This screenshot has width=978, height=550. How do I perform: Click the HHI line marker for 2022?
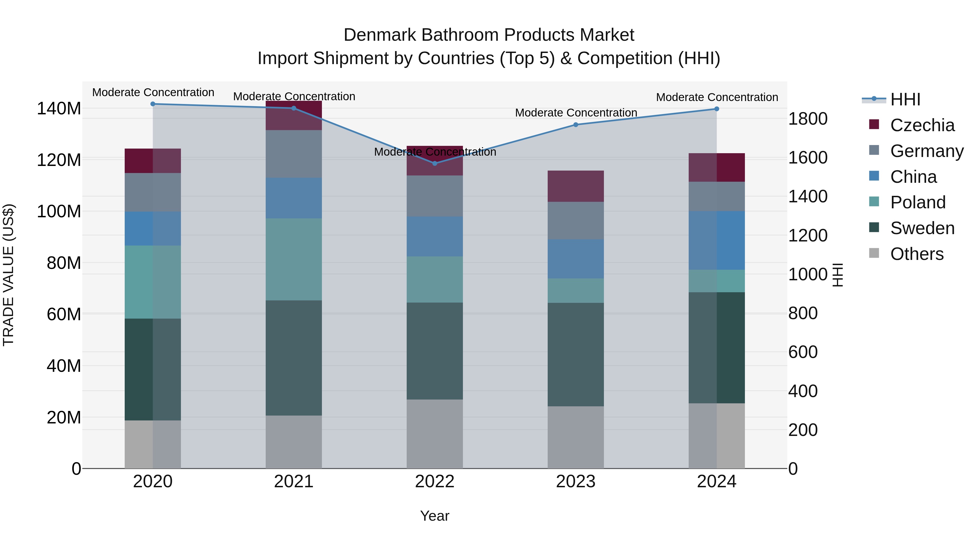435,163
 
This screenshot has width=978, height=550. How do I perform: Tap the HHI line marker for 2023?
576,124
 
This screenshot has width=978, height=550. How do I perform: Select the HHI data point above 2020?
153,104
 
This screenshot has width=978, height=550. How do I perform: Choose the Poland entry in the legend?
918,202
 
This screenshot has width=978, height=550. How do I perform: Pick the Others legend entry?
917,254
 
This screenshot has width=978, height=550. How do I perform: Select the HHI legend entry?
905,99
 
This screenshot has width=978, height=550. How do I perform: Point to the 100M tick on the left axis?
59,211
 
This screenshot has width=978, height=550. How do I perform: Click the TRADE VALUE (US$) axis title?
8,275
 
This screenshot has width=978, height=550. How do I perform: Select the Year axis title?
435,516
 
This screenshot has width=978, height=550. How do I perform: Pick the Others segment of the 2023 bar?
576,437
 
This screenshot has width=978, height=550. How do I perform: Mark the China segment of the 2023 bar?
576,259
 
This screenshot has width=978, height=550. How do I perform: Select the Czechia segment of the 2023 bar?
576,186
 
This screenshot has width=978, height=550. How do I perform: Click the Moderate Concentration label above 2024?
717,97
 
